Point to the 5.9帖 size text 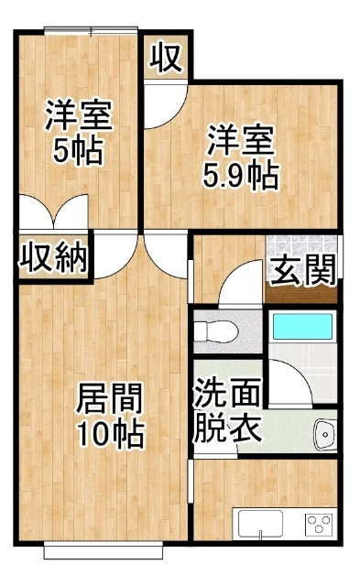point(239,174)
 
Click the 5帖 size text point(77,150)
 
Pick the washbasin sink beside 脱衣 point(324,434)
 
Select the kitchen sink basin point(260,524)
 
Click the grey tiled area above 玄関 point(301,244)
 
